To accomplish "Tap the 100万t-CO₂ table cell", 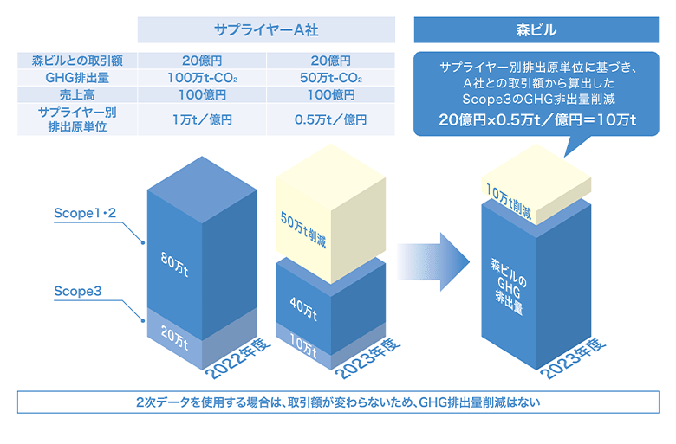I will click(x=201, y=78).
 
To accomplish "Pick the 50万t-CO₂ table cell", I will click(x=331, y=78).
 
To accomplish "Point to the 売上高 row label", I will click(x=77, y=94).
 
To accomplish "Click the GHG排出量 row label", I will click(x=77, y=78).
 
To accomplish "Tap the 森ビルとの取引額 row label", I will click(x=77, y=61).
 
